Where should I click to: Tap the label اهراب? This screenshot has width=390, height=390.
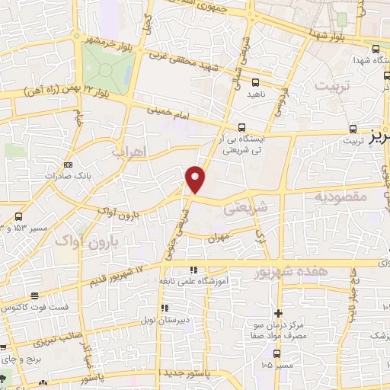127,152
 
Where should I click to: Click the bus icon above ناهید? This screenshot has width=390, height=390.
255,82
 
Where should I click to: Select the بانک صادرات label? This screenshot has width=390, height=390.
52,174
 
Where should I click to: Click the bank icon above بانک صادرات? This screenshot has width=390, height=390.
69,164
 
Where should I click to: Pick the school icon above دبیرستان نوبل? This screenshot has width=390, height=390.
165,308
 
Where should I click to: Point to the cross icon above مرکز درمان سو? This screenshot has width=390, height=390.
279,313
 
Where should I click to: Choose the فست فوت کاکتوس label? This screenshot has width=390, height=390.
30,307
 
